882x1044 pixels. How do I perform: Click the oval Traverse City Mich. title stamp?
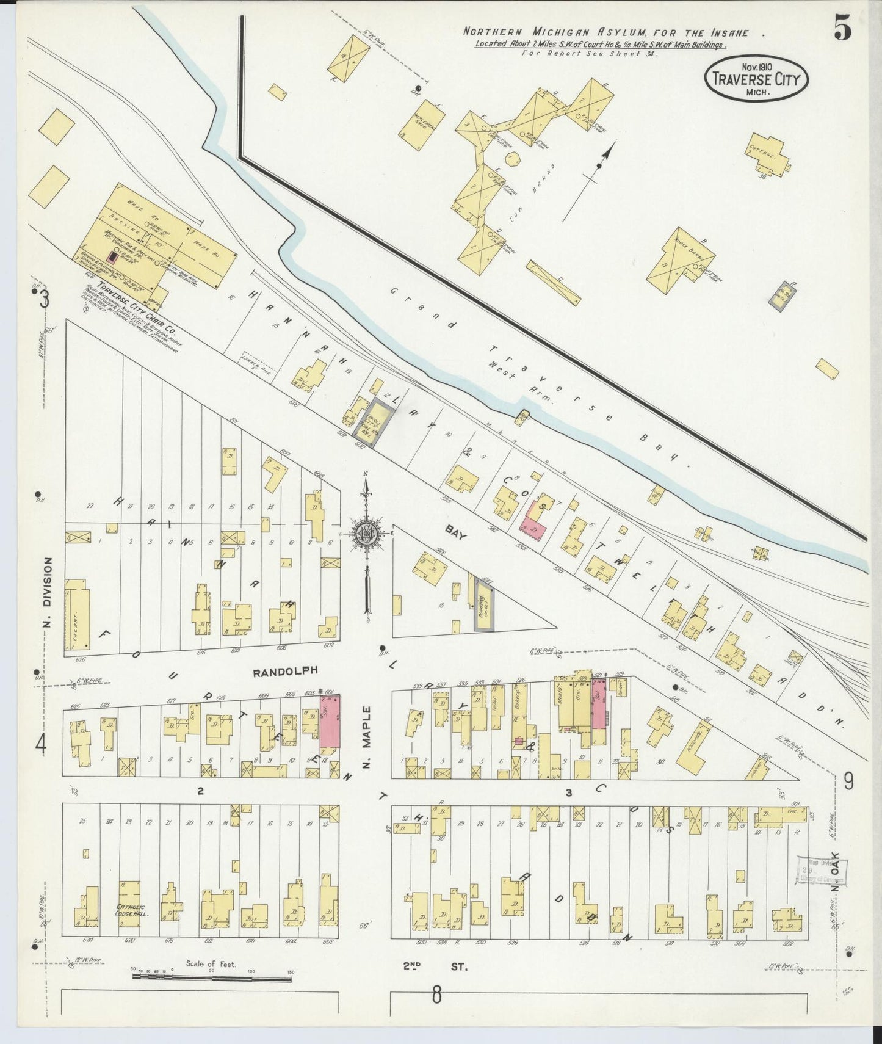point(756,79)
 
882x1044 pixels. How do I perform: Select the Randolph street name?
point(286,670)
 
